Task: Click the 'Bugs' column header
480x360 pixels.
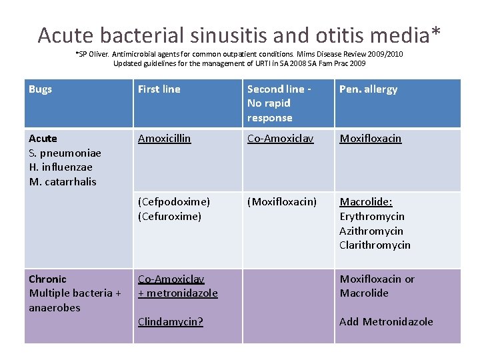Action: tap(41, 89)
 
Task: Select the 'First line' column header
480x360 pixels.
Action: tap(159, 89)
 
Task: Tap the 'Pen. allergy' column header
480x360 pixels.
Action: tap(368, 89)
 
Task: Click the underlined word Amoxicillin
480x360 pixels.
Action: tap(164, 139)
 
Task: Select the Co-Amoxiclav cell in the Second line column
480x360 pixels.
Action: tap(280, 139)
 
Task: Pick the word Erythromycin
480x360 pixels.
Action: tap(372, 217)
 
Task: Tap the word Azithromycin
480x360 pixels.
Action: tap(371, 231)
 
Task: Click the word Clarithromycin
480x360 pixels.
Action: tap(375, 245)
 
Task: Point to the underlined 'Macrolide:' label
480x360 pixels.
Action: tap(366, 202)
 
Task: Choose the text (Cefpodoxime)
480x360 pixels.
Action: tap(173, 202)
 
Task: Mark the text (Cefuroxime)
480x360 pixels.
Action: tap(169, 217)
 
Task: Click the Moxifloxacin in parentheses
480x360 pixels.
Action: tap(282, 202)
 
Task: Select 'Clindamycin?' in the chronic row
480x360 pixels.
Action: tap(170, 322)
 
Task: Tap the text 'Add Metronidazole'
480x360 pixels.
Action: tap(386, 322)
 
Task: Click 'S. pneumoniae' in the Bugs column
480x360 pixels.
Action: tap(65, 153)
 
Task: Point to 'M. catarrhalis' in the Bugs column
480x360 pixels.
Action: tap(63, 182)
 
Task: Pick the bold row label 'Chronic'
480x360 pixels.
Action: tap(47, 279)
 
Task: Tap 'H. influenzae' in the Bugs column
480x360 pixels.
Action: tap(61, 167)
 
